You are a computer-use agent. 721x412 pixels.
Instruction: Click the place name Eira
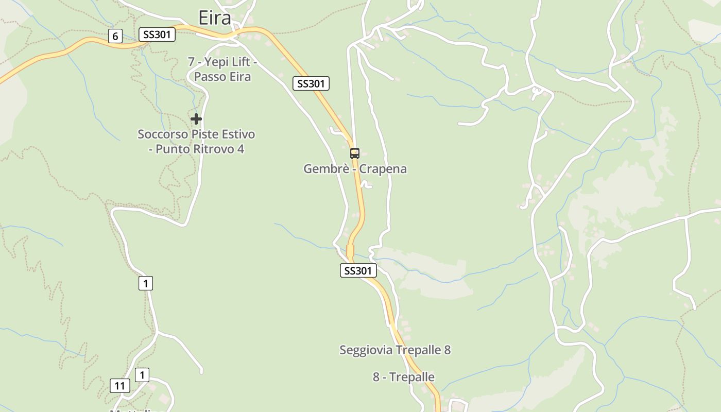(215, 18)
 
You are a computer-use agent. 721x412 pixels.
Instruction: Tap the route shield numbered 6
(115, 36)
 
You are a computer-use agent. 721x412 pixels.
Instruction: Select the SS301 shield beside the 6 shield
(157, 35)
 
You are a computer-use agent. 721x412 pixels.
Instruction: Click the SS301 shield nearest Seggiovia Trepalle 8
(358, 270)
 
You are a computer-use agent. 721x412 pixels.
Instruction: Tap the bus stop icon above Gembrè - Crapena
(354, 153)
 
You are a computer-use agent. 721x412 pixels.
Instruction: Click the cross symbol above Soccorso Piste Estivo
(196, 119)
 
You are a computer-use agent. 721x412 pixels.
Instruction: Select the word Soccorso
(163, 134)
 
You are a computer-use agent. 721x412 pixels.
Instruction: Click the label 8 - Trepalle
(404, 377)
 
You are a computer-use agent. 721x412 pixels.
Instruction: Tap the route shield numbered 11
(120, 386)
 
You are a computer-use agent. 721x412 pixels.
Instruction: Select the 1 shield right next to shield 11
(142, 375)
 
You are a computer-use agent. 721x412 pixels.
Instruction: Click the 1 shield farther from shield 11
(146, 283)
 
